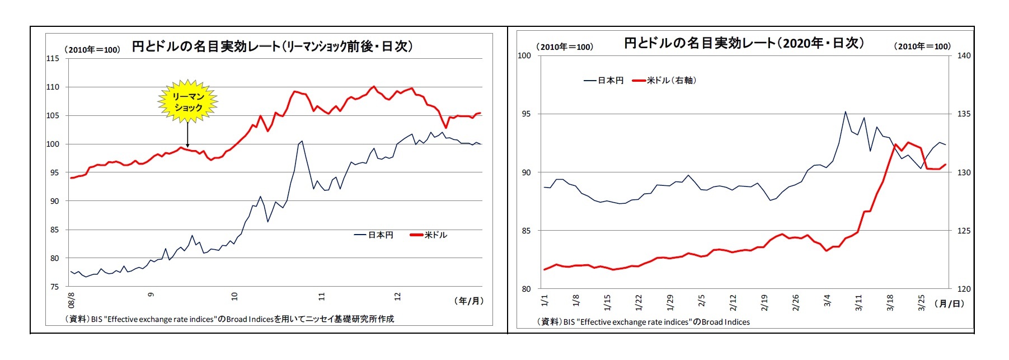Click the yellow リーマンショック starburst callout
click(187, 101)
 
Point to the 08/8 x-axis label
click(72, 300)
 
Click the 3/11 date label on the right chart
click(859, 302)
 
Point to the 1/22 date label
click(639, 302)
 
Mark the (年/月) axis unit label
click(468, 301)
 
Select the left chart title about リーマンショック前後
click(272, 46)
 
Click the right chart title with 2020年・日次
click(744, 43)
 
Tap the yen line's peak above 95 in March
click(845, 112)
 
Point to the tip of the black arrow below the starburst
click(187, 146)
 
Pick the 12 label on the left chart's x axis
click(397, 296)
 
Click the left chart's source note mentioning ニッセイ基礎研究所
click(230, 319)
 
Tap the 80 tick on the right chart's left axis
click(526, 289)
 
